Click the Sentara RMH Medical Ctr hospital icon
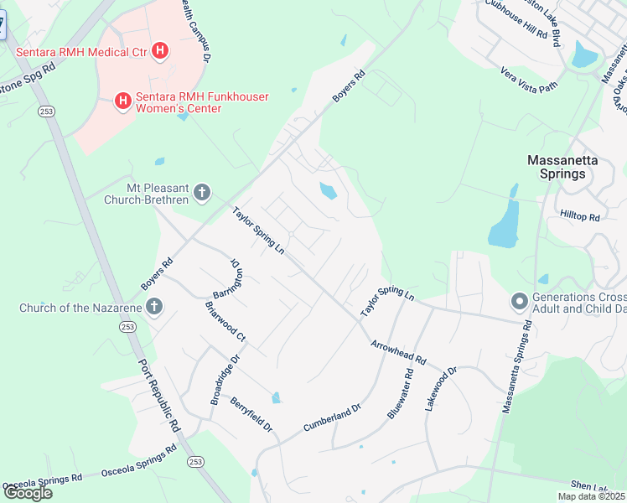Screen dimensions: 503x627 [159, 52]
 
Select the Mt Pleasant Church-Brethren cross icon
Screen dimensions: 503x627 [201, 194]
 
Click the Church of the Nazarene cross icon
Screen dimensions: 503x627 [153, 308]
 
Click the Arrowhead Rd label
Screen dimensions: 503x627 [399, 351]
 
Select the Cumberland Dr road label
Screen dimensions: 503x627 [331, 418]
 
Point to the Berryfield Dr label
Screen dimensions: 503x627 [252, 414]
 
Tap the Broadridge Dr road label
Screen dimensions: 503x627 [225, 378]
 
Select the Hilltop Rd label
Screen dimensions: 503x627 [581, 216]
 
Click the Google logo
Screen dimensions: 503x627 [27, 492]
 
